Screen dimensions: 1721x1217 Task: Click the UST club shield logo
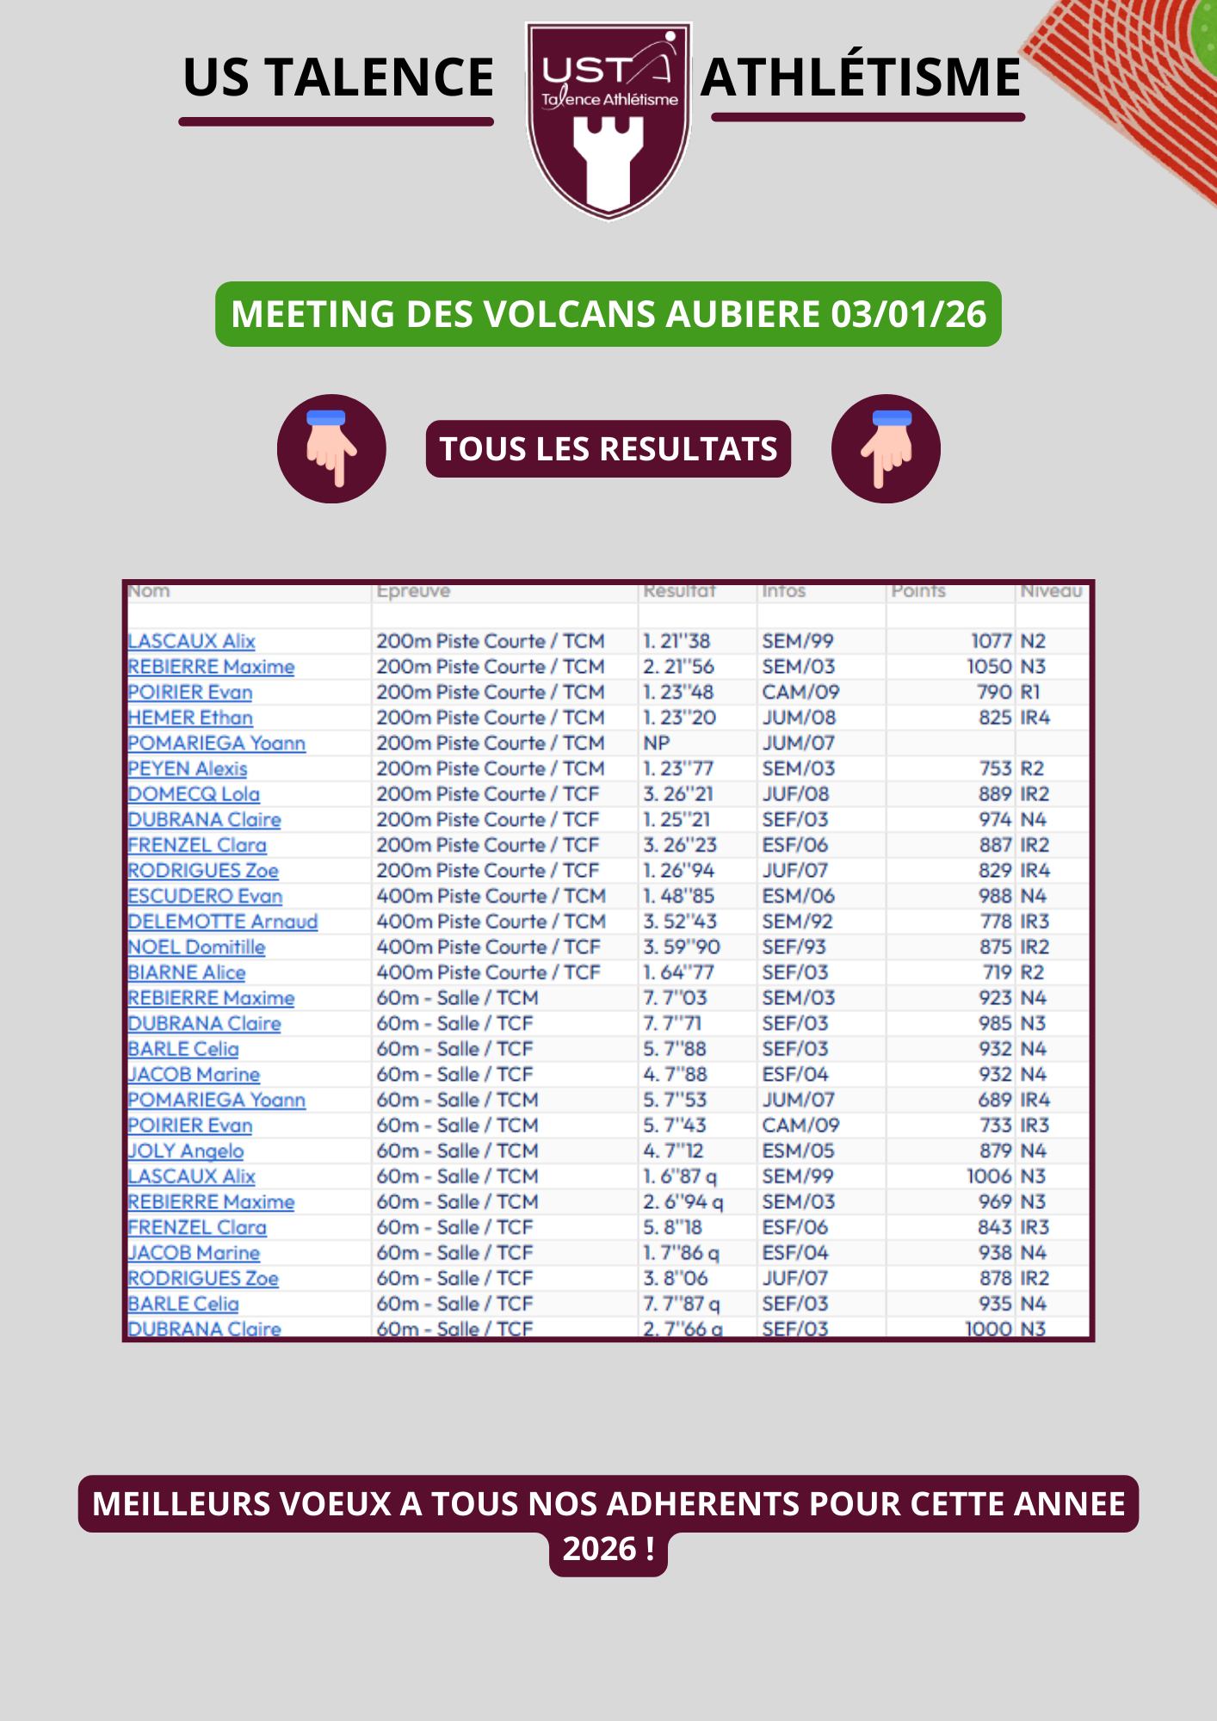pyautogui.click(x=608, y=120)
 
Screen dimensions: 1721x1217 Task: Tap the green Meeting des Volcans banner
pyautogui.click(x=608, y=314)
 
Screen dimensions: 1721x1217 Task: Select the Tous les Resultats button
pyautogui.click(x=608, y=449)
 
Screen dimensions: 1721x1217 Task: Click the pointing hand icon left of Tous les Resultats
pyautogui.click(x=331, y=449)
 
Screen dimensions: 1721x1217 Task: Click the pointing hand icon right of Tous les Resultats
pyautogui.click(x=886, y=449)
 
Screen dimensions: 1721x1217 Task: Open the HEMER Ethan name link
pyautogui.click(x=190, y=718)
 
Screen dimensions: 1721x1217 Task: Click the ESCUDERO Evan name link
pyautogui.click(x=205, y=896)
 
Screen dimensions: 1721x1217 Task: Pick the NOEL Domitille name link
pyautogui.click(x=196, y=947)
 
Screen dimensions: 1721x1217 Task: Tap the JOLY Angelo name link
pyautogui.click(x=186, y=1150)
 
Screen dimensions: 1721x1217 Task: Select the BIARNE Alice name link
pyautogui.click(x=187, y=972)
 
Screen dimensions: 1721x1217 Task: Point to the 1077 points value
pyautogui.click(x=991, y=641)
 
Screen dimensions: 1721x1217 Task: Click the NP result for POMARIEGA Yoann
pyautogui.click(x=657, y=743)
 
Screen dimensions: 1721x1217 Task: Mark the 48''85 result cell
pyautogui.click(x=679, y=896)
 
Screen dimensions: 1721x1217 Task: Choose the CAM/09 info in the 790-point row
pyautogui.click(x=800, y=692)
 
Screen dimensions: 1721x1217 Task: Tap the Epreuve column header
pyautogui.click(x=413, y=591)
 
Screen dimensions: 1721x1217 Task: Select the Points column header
pyautogui.click(x=918, y=591)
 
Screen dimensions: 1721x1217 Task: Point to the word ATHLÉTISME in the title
pyautogui.click(x=861, y=77)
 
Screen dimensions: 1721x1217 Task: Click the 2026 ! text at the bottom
pyautogui.click(x=608, y=1549)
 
